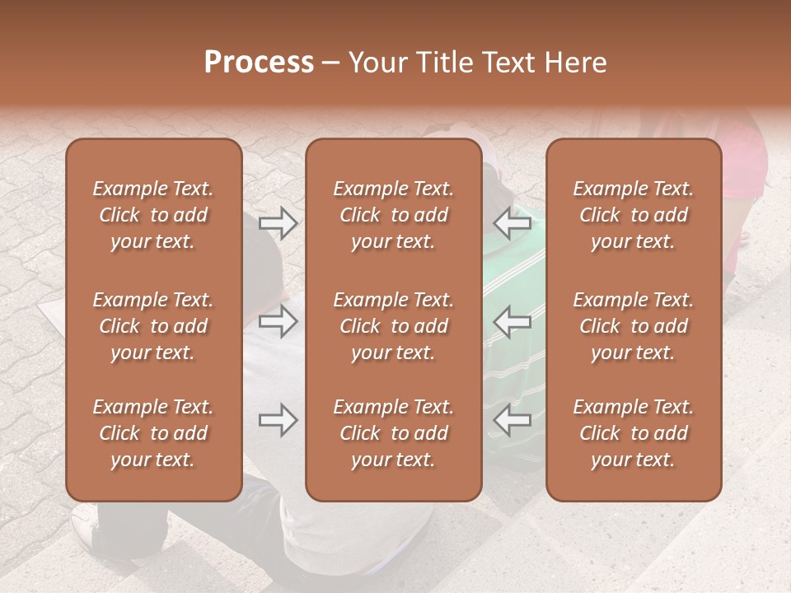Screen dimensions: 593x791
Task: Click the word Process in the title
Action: tap(259, 63)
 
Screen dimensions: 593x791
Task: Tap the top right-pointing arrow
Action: tap(278, 222)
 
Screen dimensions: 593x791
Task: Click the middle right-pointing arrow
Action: tap(278, 320)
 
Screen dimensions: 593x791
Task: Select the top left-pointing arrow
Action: tap(513, 222)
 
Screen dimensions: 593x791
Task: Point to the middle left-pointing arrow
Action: tap(513, 320)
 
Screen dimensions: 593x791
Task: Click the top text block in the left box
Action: tap(153, 215)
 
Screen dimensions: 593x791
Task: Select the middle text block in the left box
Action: tap(153, 326)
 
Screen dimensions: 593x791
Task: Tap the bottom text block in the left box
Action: tap(153, 433)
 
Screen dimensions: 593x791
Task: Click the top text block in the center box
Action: tap(394, 215)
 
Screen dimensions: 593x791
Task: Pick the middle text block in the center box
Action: tap(394, 326)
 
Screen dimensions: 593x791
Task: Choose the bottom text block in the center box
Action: tap(394, 433)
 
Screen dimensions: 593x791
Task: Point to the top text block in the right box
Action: tap(634, 215)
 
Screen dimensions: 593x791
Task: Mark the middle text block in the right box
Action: tap(634, 326)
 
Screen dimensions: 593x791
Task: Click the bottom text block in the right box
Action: tap(634, 433)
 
